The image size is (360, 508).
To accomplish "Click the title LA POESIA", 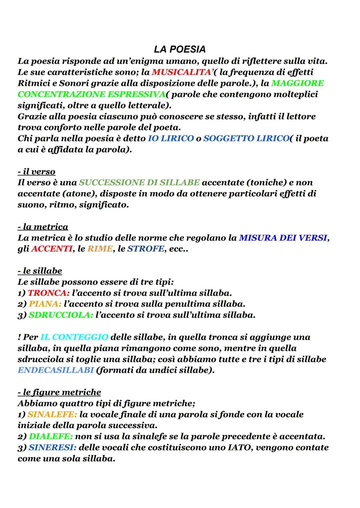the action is tap(180, 50).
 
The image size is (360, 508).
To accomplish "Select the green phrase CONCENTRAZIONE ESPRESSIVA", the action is tap(91, 94).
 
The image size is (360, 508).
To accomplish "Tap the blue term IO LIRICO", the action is tap(171, 138).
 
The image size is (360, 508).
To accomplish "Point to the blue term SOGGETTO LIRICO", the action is tap(246, 138).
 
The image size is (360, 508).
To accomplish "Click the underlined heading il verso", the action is tap(36, 172).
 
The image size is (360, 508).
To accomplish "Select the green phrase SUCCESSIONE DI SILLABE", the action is tap(139, 183).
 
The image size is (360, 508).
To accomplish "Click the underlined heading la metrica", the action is tap(43, 227).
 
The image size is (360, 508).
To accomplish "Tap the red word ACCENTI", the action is tap(52, 249).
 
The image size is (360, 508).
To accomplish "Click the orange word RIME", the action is tap(100, 249).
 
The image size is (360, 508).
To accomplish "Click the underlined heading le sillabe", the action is tap(40, 271).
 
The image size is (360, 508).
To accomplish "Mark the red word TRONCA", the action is tap(47, 293).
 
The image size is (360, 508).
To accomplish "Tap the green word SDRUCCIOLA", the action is tap(60, 315).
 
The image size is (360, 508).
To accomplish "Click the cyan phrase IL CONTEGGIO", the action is tap(74, 337).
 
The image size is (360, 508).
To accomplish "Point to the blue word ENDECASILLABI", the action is tap(56, 370).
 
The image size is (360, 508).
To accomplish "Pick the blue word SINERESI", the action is tap(53, 447).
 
